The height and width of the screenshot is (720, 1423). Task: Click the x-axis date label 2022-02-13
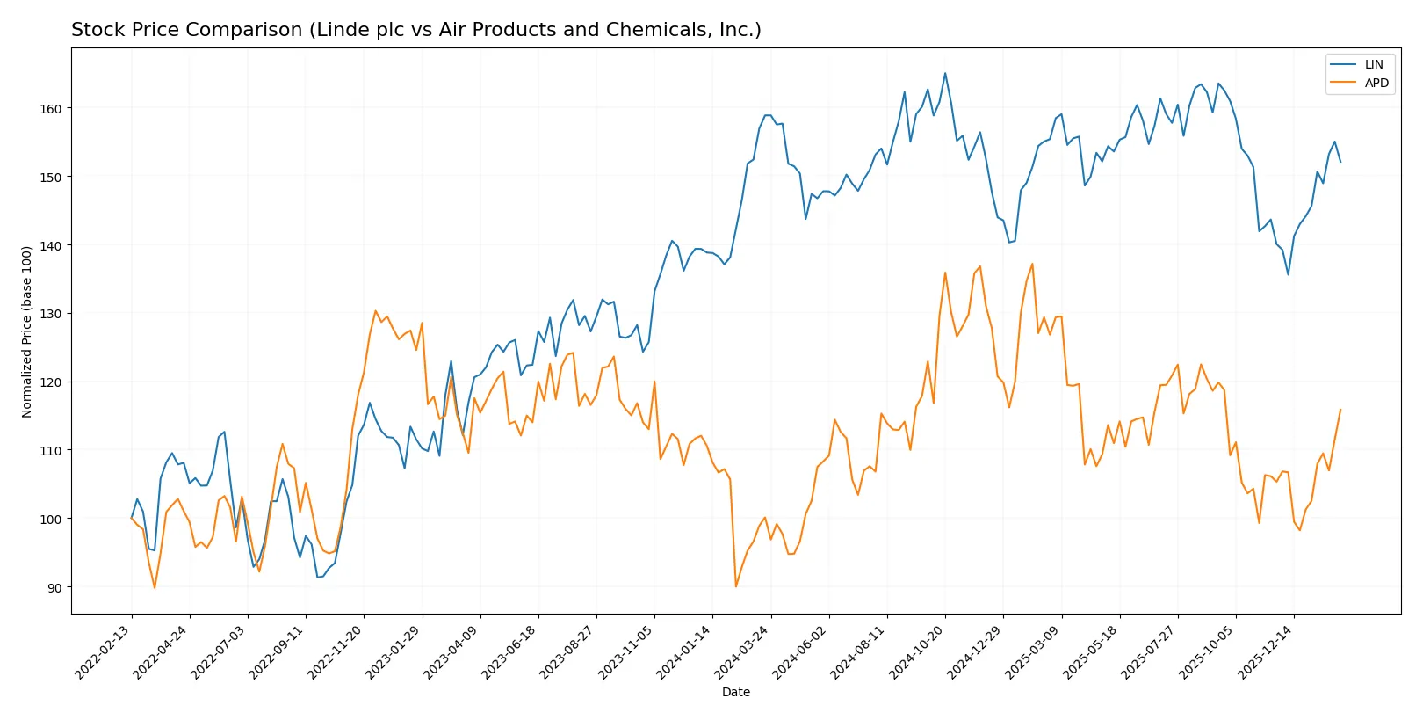tap(104, 651)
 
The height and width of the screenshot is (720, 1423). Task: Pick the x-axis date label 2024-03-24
tap(742, 651)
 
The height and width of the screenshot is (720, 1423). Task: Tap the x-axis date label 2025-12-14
tap(1265, 651)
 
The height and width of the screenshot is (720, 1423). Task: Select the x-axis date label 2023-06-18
tap(509, 651)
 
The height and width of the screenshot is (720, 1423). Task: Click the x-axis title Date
tap(735, 692)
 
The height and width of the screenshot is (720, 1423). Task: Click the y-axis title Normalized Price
tap(27, 331)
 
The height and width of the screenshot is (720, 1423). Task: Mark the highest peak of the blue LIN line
tap(945, 73)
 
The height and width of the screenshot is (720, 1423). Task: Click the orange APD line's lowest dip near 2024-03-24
tap(736, 586)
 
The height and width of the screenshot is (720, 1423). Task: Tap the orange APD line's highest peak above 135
tap(1032, 264)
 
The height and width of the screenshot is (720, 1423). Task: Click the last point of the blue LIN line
tap(1340, 162)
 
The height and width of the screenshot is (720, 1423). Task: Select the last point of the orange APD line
tap(1340, 409)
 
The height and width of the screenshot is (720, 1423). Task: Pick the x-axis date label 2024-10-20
tap(916, 651)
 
